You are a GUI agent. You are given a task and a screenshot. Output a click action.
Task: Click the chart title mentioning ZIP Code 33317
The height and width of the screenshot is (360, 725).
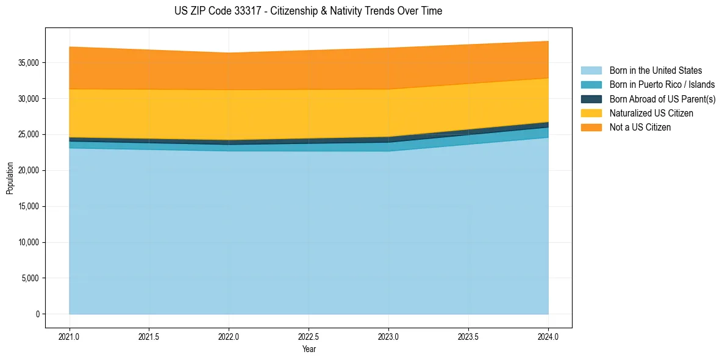click(308, 11)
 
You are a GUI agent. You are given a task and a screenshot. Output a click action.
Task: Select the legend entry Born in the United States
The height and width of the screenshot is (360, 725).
click(655, 71)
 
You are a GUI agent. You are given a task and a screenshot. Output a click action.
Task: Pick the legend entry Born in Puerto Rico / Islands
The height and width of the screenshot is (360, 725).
click(662, 85)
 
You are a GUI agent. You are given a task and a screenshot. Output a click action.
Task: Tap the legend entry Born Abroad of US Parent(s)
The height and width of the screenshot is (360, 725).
click(662, 99)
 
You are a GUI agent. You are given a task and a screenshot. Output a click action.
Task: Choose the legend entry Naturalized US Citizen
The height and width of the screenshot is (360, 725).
click(651, 113)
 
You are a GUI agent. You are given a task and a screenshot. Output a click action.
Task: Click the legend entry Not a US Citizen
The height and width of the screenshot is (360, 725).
click(640, 128)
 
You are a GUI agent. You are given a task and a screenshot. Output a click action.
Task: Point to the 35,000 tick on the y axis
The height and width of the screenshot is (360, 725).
click(28, 63)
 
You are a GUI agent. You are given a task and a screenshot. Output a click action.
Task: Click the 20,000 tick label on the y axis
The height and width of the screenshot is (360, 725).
click(28, 171)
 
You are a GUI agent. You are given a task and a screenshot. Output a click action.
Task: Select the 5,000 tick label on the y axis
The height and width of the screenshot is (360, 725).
click(30, 278)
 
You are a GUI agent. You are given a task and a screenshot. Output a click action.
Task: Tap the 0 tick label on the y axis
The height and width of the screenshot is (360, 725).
click(37, 314)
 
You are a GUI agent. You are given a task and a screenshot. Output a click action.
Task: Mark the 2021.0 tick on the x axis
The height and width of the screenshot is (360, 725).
click(70, 336)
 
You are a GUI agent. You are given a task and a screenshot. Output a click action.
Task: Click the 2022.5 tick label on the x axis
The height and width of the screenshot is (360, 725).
click(309, 336)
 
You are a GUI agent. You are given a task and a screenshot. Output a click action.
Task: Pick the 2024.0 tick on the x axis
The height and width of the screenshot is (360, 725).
click(548, 336)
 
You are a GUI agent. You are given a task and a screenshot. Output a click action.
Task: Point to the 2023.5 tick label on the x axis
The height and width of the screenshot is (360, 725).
click(468, 336)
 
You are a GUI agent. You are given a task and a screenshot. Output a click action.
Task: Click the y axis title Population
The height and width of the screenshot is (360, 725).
click(10, 178)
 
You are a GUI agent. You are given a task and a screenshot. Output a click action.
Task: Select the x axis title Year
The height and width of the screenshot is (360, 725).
click(309, 349)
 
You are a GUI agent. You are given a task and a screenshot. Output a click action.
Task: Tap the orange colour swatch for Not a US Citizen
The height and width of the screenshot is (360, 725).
click(591, 128)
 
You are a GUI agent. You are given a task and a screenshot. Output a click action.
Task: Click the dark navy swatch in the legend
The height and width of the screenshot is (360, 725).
click(591, 99)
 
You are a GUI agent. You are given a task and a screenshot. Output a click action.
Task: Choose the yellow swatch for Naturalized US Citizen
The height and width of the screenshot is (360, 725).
click(591, 113)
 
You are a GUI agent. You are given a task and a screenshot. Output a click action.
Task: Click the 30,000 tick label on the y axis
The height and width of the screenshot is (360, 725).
click(28, 99)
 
